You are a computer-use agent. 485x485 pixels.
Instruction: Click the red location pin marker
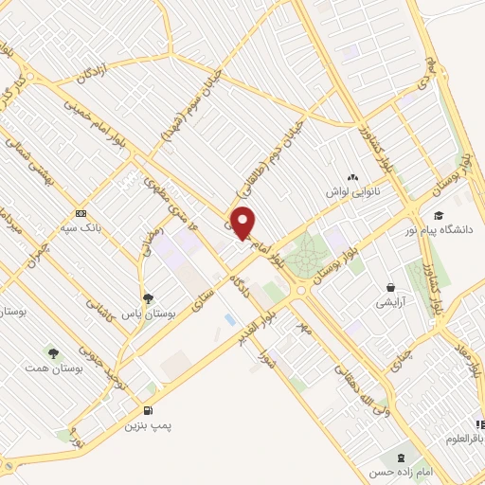(244, 222)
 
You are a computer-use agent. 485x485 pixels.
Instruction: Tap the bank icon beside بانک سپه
(81, 213)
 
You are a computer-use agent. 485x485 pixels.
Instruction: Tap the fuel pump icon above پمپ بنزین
(149, 410)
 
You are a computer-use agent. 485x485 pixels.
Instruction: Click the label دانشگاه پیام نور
(449, 229)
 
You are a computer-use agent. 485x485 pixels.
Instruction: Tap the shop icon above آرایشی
(389, 287)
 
